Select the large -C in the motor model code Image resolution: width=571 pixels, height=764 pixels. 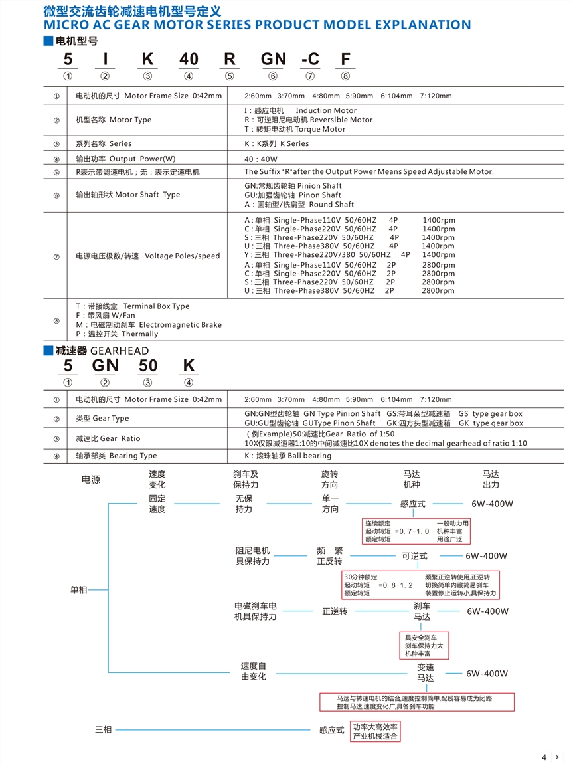[x=310, y=59]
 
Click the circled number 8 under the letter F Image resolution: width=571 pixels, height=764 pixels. [x=345, y=76]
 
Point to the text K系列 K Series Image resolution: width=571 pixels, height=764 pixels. [x=276, y=143]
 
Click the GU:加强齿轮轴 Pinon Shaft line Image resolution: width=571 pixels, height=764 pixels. [x=293, y=195]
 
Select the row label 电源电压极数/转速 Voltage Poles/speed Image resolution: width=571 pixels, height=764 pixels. [x=147, y=256]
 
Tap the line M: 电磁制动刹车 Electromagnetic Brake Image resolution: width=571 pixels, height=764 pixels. [x=149, y=325]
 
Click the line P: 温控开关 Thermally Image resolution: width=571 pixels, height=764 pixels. [x=117, y=334]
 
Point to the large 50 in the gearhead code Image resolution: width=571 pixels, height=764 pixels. [x=147, y=365]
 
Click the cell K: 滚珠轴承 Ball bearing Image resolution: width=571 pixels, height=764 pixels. [x=287, y=456]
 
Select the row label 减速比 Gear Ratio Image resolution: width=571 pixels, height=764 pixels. [x=108, y=438]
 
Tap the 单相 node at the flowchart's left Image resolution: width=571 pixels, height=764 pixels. [x=79, y=589]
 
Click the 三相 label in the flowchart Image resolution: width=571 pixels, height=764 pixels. [x=103, y=730]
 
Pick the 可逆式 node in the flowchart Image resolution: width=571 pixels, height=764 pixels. [x=414, y=556]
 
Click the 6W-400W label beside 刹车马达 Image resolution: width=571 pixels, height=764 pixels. [x=487, y=611]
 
